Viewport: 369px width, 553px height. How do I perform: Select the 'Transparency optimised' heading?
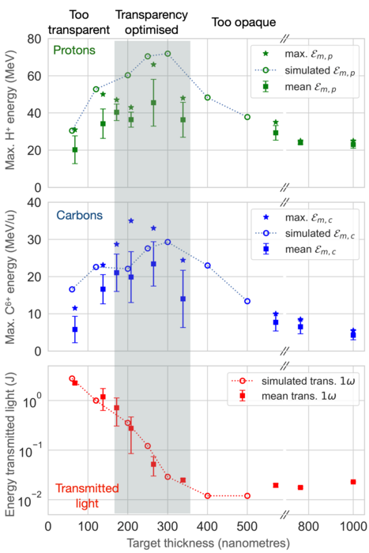click(x=152, y=21)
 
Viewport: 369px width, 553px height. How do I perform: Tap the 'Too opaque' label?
click(x=243, y=22)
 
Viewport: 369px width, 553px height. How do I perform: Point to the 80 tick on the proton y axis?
click(x=33, y=39)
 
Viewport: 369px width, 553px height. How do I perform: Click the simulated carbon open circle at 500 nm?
click(x=247, y=301)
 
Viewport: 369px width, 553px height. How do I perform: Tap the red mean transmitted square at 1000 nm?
click(x=353, y=482)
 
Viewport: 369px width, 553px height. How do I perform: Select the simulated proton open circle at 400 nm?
click(x=207, y=97)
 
